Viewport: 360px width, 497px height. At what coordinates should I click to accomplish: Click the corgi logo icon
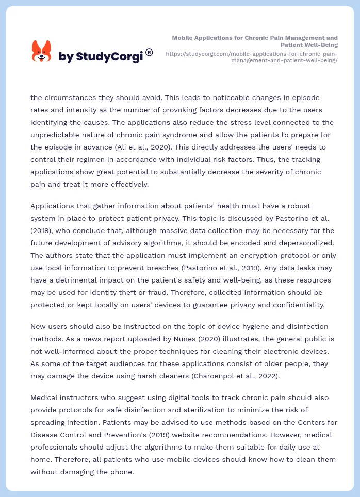pos(42,51)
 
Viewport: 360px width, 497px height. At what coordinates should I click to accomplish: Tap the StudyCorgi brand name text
pos(101,57)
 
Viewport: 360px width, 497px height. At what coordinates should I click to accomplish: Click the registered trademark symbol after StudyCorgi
pos(149,52)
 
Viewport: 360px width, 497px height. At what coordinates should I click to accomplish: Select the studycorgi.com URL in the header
pos(252,57)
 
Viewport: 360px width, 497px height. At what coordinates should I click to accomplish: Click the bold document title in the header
pos(255,41)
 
